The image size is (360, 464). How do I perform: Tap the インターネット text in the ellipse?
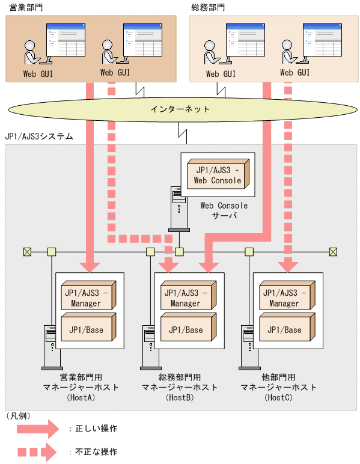tap(180, 109)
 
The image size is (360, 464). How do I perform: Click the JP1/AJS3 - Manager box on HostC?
tap(284, 296)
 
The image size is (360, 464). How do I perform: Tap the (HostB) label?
tap(180, 398)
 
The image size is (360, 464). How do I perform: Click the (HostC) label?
tap(279, 398)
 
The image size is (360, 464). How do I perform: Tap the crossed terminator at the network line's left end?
tap(26, 251)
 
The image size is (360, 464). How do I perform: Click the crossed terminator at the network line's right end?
tap(333, 251)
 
